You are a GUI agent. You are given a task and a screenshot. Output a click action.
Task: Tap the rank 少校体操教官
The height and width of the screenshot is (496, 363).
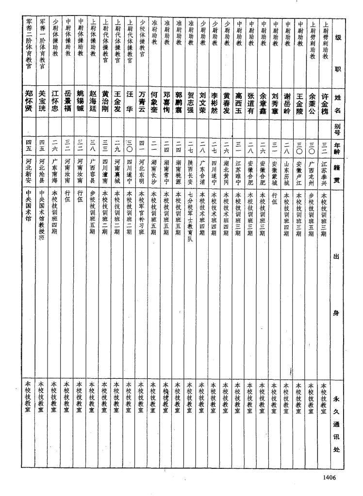pyautogui.click(x=142, y=46)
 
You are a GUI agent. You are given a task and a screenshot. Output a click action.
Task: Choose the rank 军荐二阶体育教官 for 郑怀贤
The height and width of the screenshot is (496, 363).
pyautogui.click(x=29, y=44)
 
